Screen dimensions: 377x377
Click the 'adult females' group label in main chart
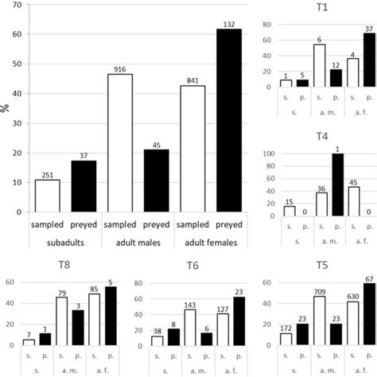coord(212,240)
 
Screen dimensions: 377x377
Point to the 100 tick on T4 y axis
coord(266,154)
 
